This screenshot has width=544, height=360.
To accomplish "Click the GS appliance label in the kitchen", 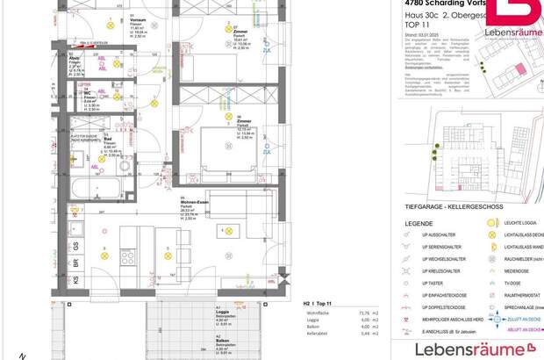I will pos(77,245).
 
